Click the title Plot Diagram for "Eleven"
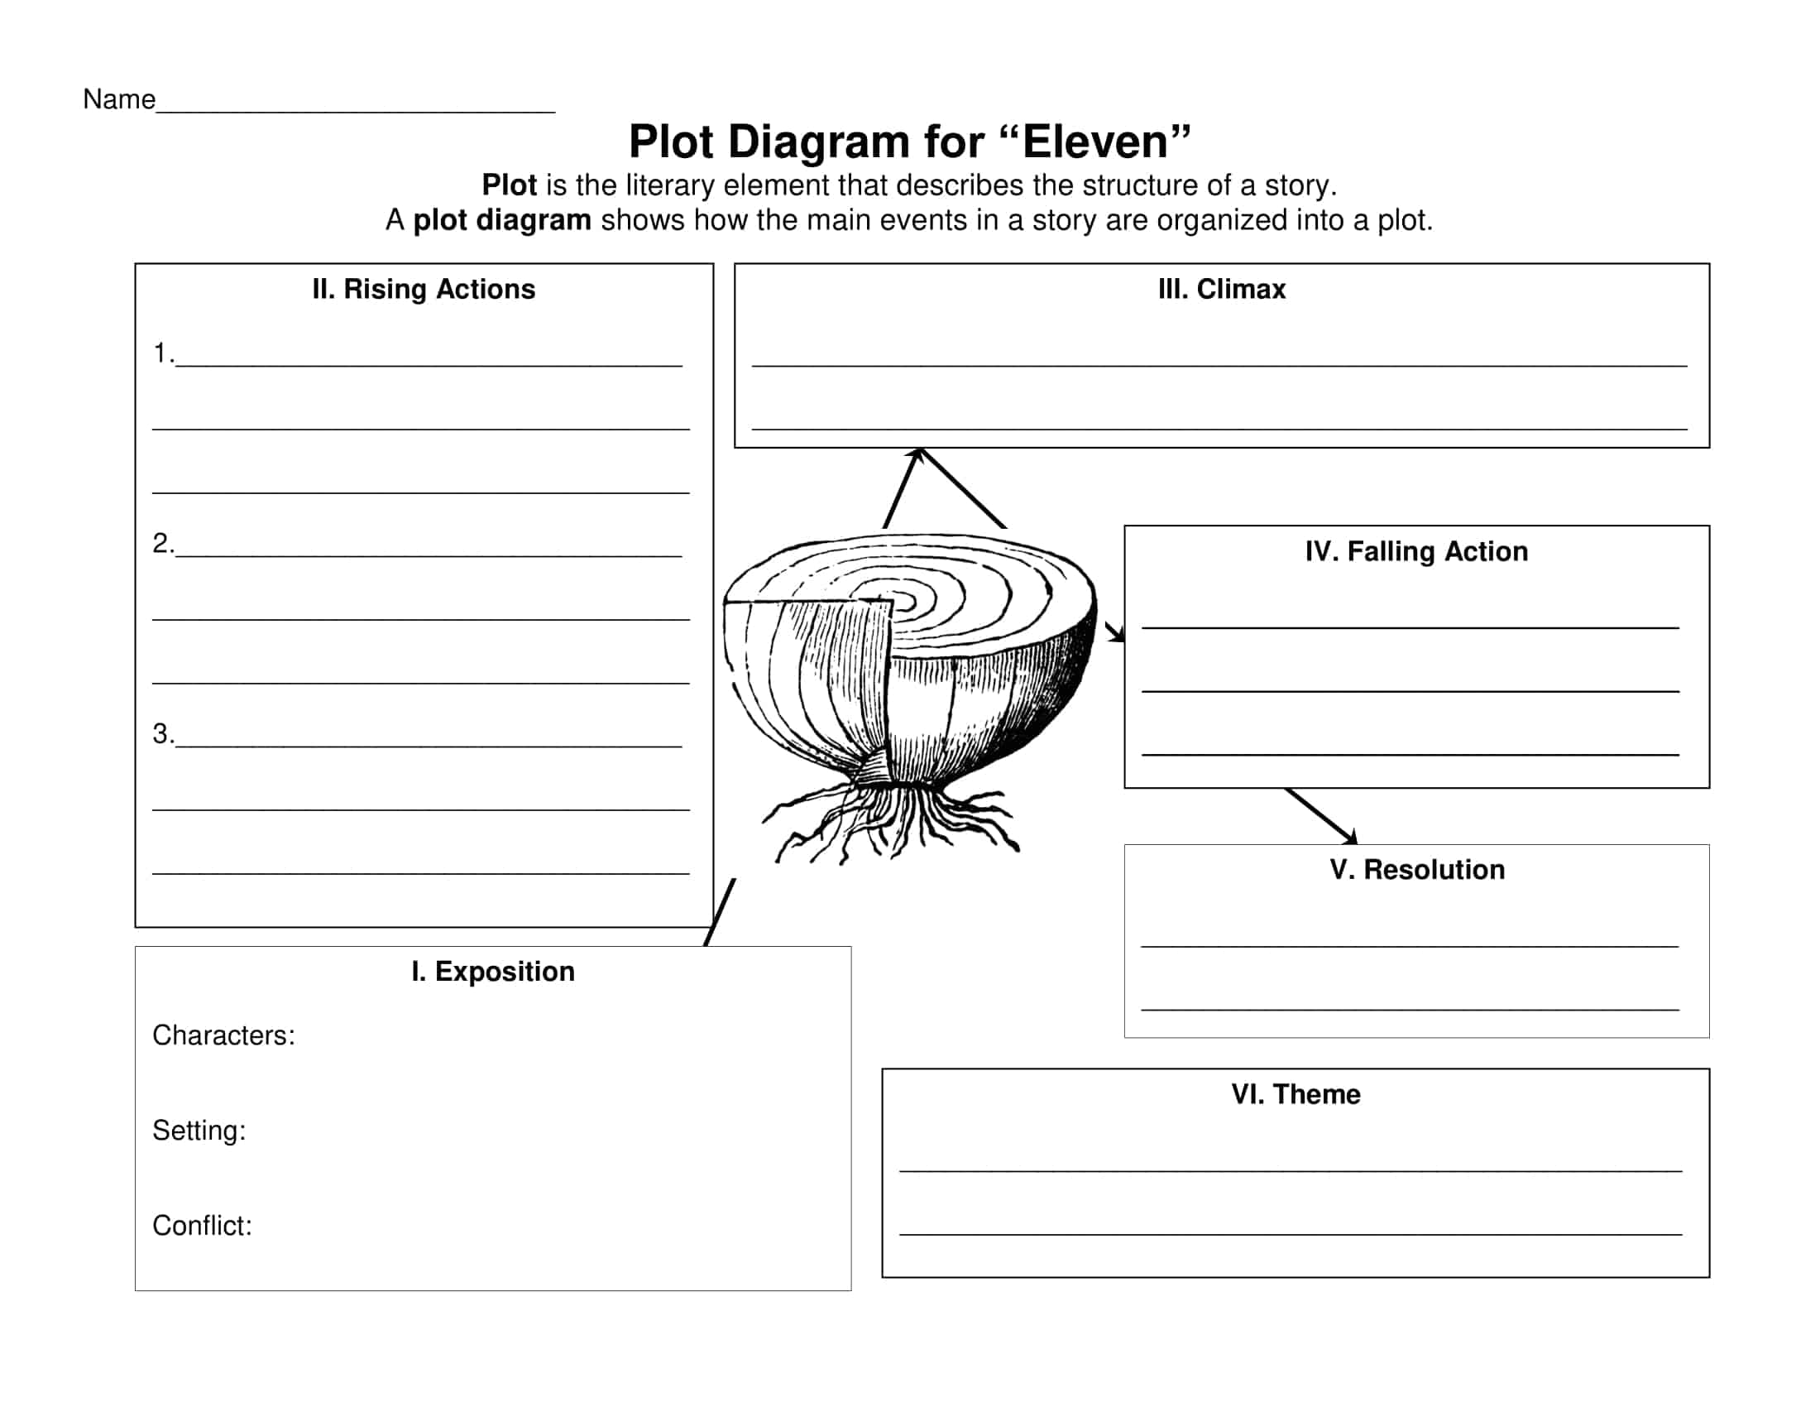point(909,141)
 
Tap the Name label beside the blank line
point(119,99)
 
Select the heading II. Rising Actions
point(424,289)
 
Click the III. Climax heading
point(1222,289)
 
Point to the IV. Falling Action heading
point(1416,551)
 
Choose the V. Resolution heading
point(1417,869)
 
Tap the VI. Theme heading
point(1296,1093)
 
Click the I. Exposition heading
point(493,971)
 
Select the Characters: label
point(223,1035)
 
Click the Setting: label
point(199,1131)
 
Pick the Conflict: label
point(202,1225)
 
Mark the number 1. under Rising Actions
point(163,353)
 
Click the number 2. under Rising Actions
point(163,543)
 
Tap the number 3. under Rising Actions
point(163,733)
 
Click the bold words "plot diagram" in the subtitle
point(501,220)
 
